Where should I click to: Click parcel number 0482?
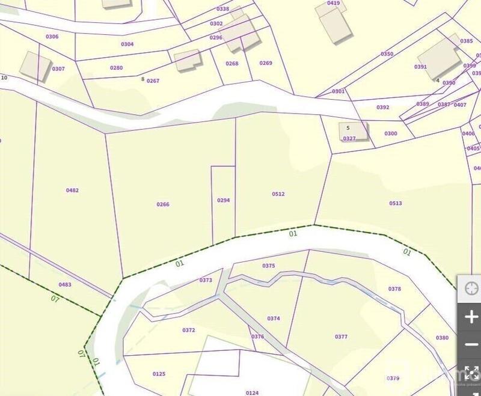tap(72, 190)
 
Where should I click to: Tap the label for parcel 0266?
tap(163, 204)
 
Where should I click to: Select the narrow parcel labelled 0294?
tap(223, 200)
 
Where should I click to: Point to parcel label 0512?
tap(278, 194)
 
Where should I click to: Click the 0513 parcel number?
tap(396, 203)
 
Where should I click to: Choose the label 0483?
tap(65, 284)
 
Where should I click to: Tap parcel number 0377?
tap(341, 337)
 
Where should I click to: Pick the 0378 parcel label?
tap(394, 289)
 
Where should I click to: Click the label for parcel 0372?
tap(188, 330)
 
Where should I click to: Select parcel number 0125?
tap(159, 374)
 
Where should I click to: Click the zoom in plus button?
tap(470, 317)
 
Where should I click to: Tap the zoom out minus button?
tap(470, 345)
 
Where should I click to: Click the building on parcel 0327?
tap(354, 130)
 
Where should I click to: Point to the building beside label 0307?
tap(35, 65)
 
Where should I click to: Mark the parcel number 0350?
tap(387, 54)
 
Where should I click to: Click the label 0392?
tap(383, 108)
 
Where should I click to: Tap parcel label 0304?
tap(127, 44)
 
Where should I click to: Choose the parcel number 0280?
tap(116, 68)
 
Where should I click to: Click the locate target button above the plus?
tap(470, 290)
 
